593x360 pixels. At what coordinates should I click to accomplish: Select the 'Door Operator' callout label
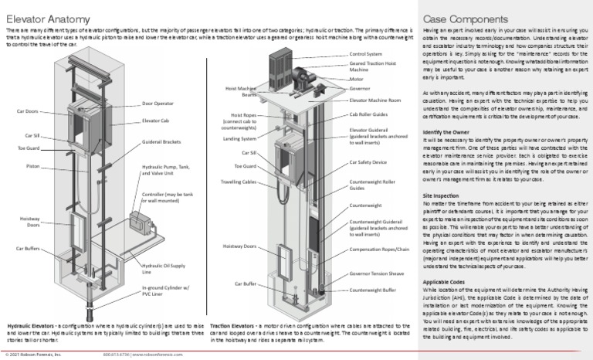point(158,103)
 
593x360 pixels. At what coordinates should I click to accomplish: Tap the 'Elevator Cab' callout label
point(157,121)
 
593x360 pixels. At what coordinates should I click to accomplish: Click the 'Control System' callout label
point(366,54)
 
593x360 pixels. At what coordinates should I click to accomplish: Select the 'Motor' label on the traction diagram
point(356,79)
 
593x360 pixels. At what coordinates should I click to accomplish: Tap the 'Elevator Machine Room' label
point(375,100)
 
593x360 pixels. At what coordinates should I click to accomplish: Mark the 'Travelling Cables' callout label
point(239,182)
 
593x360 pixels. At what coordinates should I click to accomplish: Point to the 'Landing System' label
point(240,139)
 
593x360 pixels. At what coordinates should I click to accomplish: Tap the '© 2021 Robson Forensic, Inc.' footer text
point(33,355)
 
